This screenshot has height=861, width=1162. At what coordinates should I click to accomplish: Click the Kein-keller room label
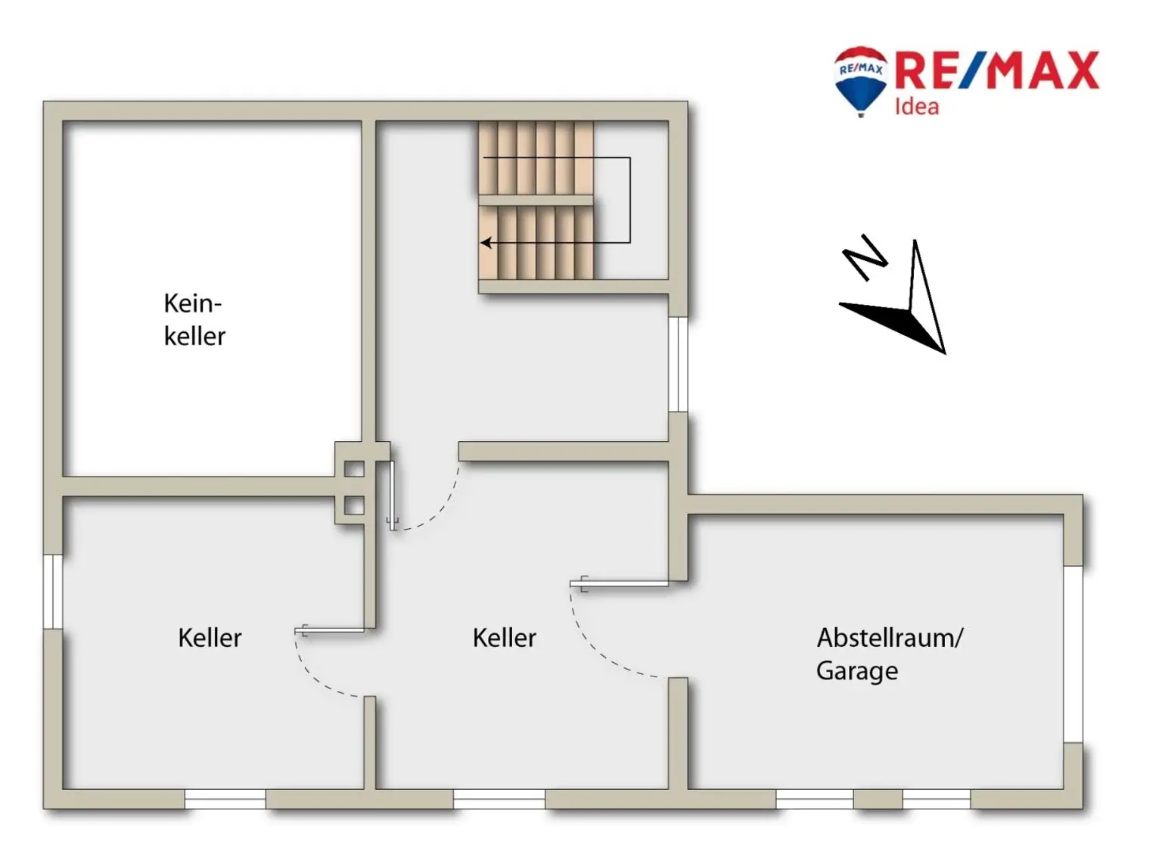[x=194, y=319]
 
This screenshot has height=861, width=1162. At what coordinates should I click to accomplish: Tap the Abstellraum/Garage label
[x=889, y=654]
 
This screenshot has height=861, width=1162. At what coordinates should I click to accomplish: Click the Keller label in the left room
[x=210, y=638]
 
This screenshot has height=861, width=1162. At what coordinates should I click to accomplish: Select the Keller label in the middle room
[x=504, y=638]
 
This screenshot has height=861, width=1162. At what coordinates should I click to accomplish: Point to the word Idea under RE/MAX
[x=916, y=107]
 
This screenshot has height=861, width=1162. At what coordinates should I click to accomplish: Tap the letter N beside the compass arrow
[x=865, y=256]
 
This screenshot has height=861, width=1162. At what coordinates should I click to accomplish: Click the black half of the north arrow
[x=893, y=322]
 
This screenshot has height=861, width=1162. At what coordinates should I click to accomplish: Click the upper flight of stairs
[x=536, y=157]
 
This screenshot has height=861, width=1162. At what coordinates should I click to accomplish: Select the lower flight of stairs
[x=536, y=243]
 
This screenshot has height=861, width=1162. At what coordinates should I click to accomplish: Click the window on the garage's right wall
[x=1073, y=654]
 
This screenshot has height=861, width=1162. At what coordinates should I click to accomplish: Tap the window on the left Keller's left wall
[x=53, y=592]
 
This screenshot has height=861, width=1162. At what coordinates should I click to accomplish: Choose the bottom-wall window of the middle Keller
[x=499, y=799]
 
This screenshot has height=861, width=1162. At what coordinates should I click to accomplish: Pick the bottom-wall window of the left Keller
[x=225, y=799]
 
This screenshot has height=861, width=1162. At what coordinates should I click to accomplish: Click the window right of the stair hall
[x=679, y=364]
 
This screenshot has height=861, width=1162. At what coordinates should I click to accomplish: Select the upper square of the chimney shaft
[x=354, y=469]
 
